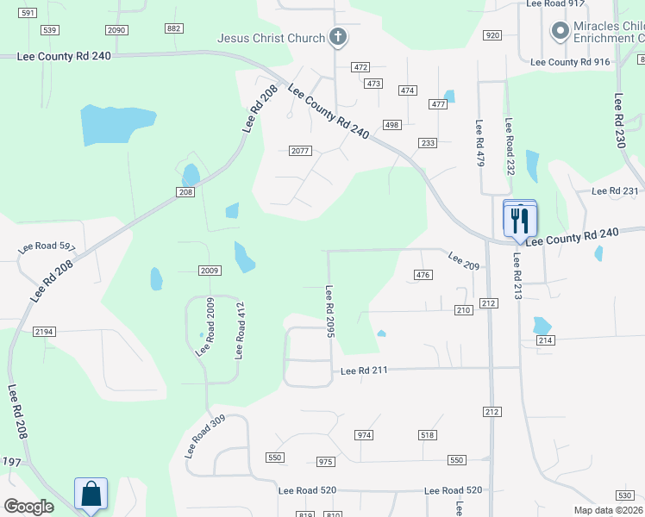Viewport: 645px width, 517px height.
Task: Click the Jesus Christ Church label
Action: (x=271, y=38)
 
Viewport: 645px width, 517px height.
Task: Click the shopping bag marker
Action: (x=91, y=495)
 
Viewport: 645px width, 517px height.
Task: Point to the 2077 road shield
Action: (x=299, y=151)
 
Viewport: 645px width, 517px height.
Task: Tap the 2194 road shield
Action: (x=44, y=332)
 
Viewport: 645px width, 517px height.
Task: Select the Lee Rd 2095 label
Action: (x=329, y=312)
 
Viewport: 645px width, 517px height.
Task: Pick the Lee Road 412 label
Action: (x=241, y=330)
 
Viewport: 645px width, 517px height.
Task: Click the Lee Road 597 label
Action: (x=47, y=247)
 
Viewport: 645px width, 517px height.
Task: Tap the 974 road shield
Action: (x=364, y=435)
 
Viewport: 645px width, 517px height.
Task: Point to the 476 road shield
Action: (x=422, y=275)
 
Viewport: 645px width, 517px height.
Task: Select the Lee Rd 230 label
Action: (x=620, y=121)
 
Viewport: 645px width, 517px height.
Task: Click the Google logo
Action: (x=29, y=507)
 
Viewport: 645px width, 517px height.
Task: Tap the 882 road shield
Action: (x=174, y=28)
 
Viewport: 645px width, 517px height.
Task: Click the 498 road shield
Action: (x=391, y=125)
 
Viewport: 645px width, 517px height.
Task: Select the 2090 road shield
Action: (x=116, y=30)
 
